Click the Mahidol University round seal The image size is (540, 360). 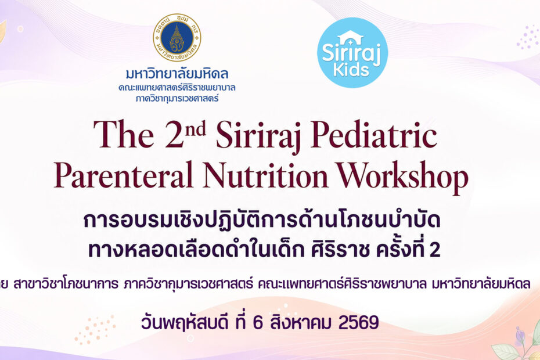[177, 37]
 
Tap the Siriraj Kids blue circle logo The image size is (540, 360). [352, 53]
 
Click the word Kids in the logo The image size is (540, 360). [351, 70]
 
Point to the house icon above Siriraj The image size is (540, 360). [350, 37]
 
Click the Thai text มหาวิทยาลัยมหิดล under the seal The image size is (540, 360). [177, 73]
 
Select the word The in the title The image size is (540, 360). [123, 134]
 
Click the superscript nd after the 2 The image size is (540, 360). [195, 128]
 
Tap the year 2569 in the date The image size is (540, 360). [359, 323]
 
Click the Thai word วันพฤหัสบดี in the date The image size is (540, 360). [185, 323]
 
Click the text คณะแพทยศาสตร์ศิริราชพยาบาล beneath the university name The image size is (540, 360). [177, 88]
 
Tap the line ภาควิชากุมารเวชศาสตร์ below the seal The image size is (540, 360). [177, 99]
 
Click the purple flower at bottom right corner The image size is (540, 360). [519, 336]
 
